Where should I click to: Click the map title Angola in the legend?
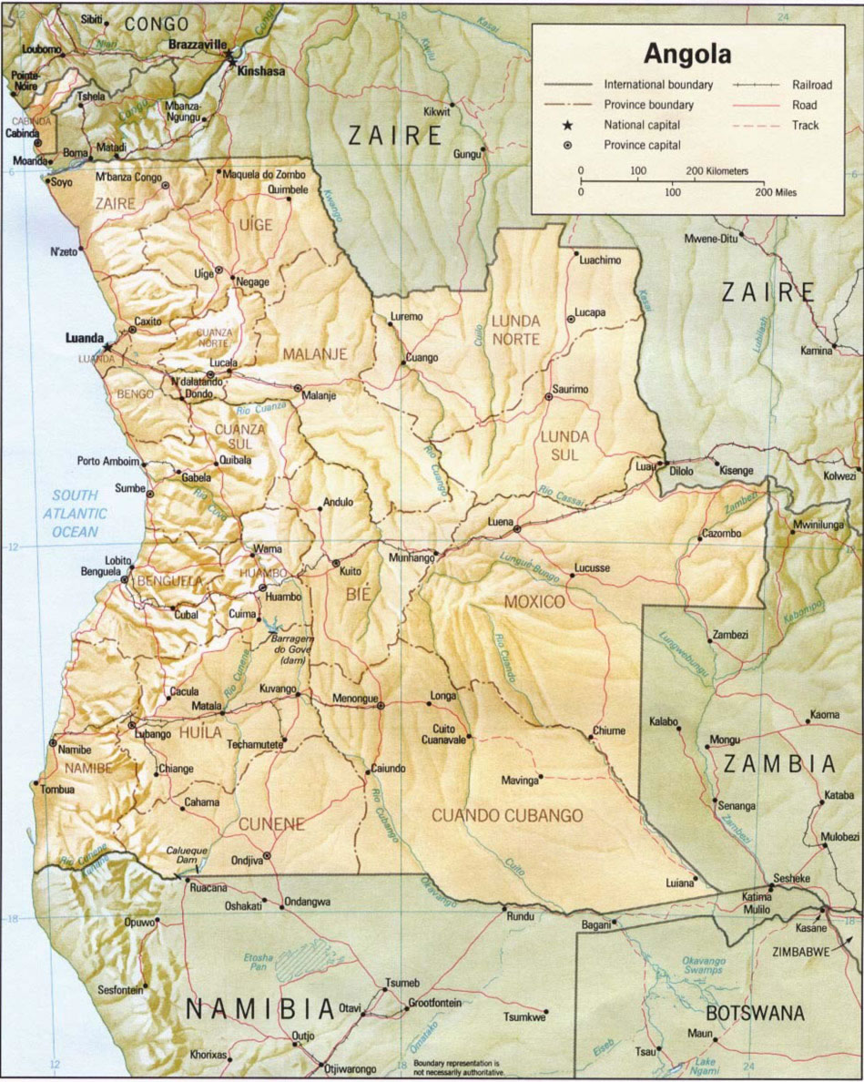pyautogui.click(x=687, y=54)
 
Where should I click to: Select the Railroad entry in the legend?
pyautogui.click(x=811, y=85)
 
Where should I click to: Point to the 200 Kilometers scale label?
pyautogui.click(x=717, y=170)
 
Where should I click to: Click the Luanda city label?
pyautogui.click(x=85, y=338)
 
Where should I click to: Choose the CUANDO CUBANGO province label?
pyautogui.click(x=507, y=815)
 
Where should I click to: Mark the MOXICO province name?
pyautogui.click(x=534, y=603)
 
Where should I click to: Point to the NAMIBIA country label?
pyautogui.click(x=259, y=1008)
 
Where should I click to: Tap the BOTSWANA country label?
pyautogui.click(x=755, y=1013)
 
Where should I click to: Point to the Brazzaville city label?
pyautogui.click(x=199, y=45)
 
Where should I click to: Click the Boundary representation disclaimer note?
pyautogui.click(x=456, y=1067)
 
